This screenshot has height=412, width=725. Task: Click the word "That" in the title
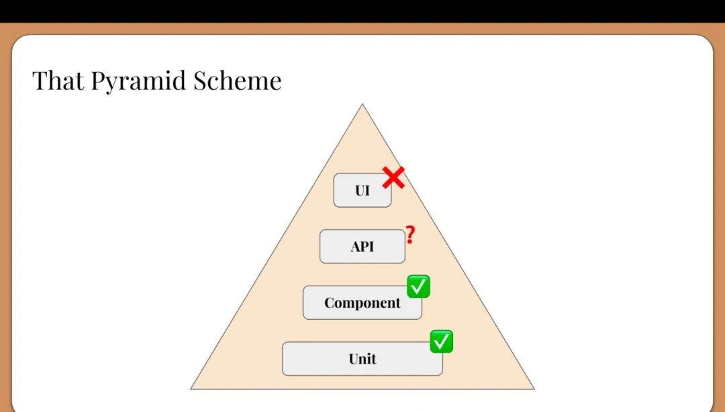[58, 80]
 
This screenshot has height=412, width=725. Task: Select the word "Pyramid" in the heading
[139, 82]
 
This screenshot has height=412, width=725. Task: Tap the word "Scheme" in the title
[237, 80]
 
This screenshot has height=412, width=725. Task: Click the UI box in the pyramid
[362, 190]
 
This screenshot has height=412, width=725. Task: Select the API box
[362, 246]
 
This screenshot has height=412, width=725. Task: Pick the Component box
[362, 302]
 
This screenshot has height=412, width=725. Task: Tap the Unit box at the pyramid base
[362, 359]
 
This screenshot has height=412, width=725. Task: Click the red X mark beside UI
[393, 177]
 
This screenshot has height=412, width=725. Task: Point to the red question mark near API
[411, 235]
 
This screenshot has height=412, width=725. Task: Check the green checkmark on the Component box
[418, 286]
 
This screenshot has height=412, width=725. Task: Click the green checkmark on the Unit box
[442, 341]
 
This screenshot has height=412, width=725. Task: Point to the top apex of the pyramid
[362, 104]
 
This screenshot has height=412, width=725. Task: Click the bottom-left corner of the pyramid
[191, 389]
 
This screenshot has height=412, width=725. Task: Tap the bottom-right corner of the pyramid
[534, 389]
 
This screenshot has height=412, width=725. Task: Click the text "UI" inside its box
[362, 190]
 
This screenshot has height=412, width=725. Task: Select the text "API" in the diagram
[362, 246]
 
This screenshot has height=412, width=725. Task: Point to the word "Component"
[362, 302]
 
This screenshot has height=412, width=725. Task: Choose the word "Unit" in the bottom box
[362, 359]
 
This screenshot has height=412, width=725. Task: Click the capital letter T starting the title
[40, 81]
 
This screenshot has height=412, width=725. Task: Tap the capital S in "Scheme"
[200, 81]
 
